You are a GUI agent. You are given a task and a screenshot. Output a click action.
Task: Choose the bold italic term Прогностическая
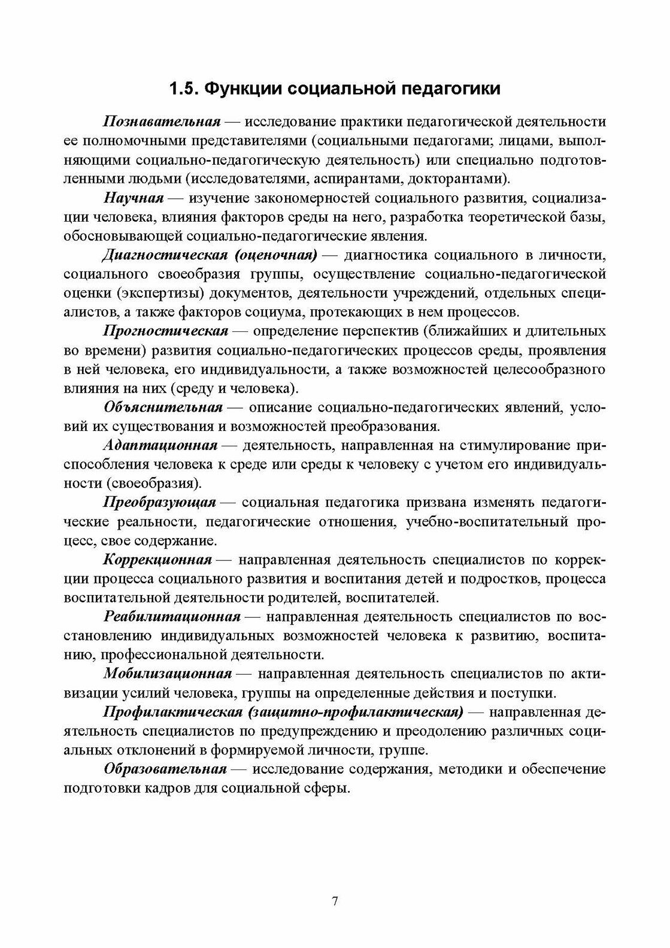pos(166,331)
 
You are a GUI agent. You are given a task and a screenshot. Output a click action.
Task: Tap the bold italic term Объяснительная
pos(163,407)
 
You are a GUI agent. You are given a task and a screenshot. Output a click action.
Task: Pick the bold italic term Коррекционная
pos(158,560)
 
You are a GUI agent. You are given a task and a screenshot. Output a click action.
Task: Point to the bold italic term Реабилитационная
pos(172,617)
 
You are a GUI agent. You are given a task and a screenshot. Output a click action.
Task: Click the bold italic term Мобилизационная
pos(168,674)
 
